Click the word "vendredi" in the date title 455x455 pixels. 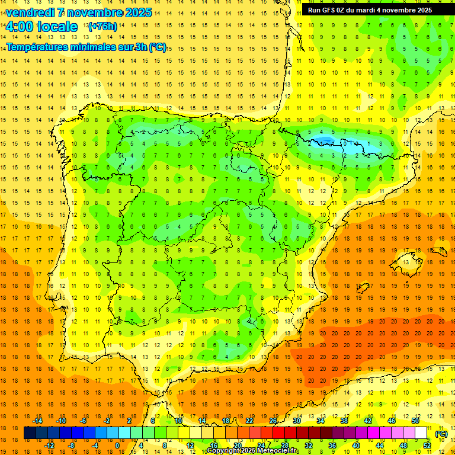pyautogui.click(x=31, y=12)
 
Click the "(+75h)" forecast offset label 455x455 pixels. pyautogui.click(x=102, y=27)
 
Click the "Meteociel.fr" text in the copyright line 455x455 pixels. pyautogui.click(x=278, y=451)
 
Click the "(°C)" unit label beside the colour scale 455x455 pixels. pyautogui.click(x=441, y=434)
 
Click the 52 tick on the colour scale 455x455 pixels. pyautogui.click(x=427, y=446)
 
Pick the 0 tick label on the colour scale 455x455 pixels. pyautogui.click(x=117, y=446)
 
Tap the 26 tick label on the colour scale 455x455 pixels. pyautogui.click(x=273, y=421)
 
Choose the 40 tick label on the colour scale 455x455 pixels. pyautogui.click(x=355, y=446)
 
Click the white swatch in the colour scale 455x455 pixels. pyautogui.click(x=421, y=433)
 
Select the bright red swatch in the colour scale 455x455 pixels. pyautogui.click(x=278, y=433)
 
